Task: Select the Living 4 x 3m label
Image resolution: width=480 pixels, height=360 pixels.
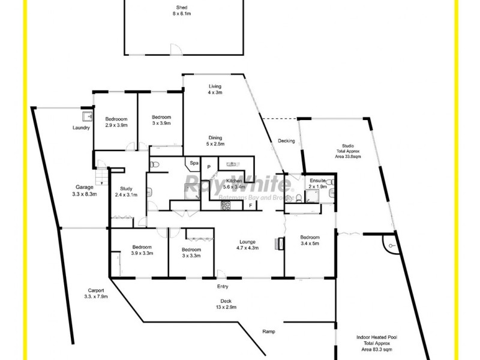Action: point(215,89)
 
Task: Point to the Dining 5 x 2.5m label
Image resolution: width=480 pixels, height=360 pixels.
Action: point(215,140)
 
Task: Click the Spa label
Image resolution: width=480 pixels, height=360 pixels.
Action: point(194,163)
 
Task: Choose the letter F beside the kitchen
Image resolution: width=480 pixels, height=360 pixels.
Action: point(251,206)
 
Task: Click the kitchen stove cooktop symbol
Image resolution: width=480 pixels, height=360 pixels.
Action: point(226,205)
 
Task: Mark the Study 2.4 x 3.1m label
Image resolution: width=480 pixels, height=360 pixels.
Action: point(125,191)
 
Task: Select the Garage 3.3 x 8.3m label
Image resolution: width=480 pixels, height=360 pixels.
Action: point(83,190)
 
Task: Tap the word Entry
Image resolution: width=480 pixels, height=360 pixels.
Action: point(206,286)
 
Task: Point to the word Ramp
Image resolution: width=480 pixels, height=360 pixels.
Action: point(269,331)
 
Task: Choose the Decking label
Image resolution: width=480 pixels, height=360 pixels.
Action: point(286,141)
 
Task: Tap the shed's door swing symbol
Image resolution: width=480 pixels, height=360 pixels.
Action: point(173,49)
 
